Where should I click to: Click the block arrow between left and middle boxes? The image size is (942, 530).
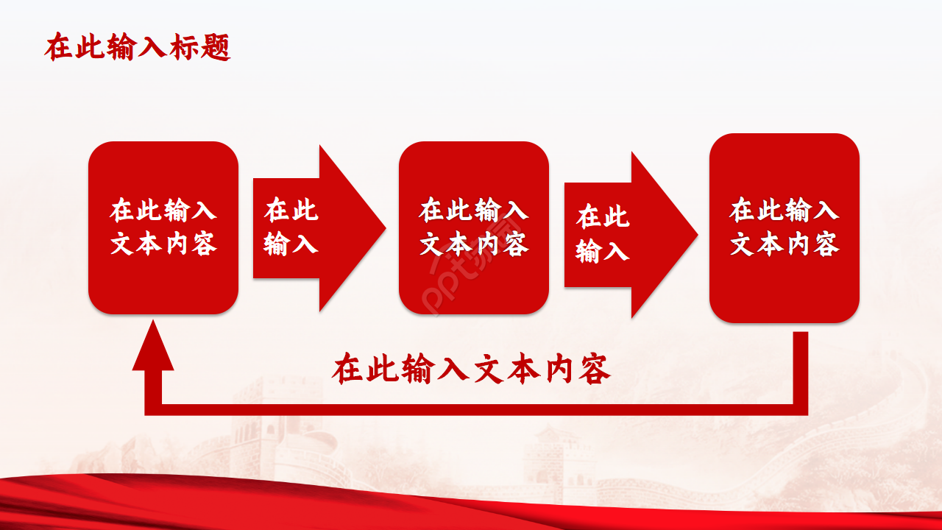tap(353, 228)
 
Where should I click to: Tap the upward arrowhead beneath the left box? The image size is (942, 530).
tap(153, 350)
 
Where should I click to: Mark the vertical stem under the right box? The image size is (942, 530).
tap(801, 368)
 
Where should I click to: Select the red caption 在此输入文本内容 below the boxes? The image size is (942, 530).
tap(471, 370)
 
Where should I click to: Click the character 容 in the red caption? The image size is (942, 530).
tap(594, 370)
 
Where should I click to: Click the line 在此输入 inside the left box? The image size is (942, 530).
tap(163, 211)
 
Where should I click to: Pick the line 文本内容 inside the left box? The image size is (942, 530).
tap(163, 244)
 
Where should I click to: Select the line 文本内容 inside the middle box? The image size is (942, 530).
tap(474, 244)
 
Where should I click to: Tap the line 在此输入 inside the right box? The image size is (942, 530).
tap(785, 211)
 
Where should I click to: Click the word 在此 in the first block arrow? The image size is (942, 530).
tap(291, 210)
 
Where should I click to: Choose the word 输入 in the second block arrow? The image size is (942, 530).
tap(603, 251)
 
